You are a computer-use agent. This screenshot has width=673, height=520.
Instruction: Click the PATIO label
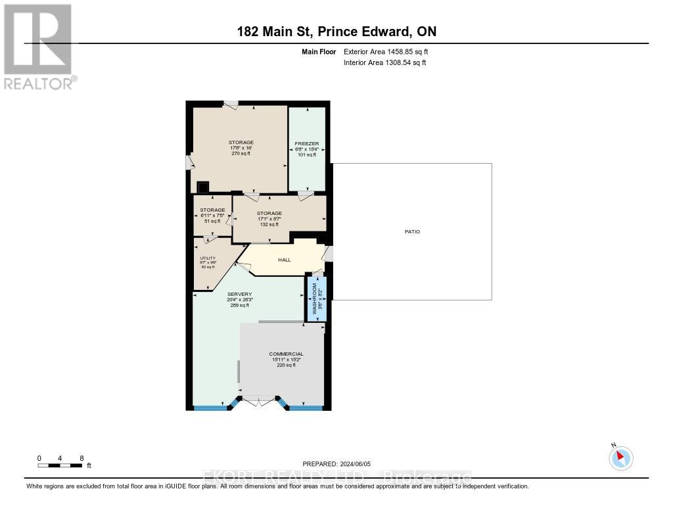coord(412,232)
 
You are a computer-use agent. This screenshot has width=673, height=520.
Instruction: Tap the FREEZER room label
coord(307,143)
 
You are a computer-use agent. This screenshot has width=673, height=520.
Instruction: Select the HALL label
coord(285,260)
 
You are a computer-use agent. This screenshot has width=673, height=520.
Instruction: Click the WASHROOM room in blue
coord(317,298)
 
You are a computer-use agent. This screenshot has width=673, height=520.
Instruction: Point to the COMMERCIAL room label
coord(286,354)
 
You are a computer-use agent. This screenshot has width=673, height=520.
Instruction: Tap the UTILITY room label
coord(208,258)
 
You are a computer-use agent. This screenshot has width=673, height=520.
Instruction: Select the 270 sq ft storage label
coord(241,143)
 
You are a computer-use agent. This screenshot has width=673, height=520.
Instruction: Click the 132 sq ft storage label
coord(269,214)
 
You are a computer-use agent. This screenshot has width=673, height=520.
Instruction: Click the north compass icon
coord(620,458)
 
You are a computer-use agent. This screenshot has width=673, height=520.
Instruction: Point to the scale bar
coord(60,465)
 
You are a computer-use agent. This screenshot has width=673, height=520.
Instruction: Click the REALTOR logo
coord(39,46)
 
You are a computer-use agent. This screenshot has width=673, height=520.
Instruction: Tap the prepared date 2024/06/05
coord(340,463)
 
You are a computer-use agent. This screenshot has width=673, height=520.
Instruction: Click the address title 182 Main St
coord(336,32)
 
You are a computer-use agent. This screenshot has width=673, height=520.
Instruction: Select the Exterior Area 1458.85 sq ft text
coord(386,51)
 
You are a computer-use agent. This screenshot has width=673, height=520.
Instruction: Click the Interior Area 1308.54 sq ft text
coord(384,62)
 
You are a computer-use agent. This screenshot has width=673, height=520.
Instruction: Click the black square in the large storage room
coord(203,187)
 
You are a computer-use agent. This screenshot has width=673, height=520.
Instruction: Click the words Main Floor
coord(319,51)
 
